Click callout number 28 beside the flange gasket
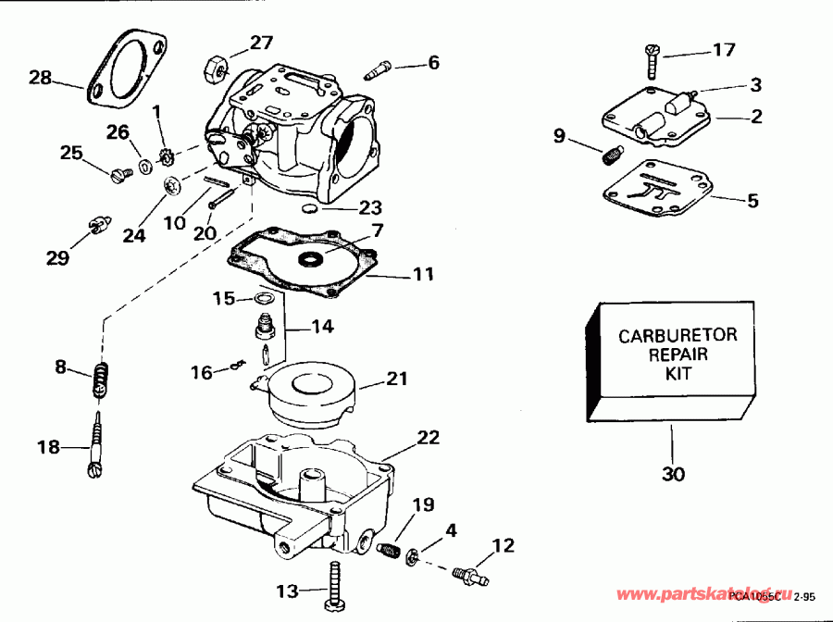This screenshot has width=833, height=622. click(x=40, y=78)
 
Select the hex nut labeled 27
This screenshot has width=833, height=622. click(x=212, y=66)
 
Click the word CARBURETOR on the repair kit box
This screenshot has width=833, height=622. click(x=678, y=335)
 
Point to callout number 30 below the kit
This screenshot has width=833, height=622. click(x=674, y=475)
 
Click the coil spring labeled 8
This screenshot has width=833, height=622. click(x=106, y=380)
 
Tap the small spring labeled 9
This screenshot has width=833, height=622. click(x=611, y=155)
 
